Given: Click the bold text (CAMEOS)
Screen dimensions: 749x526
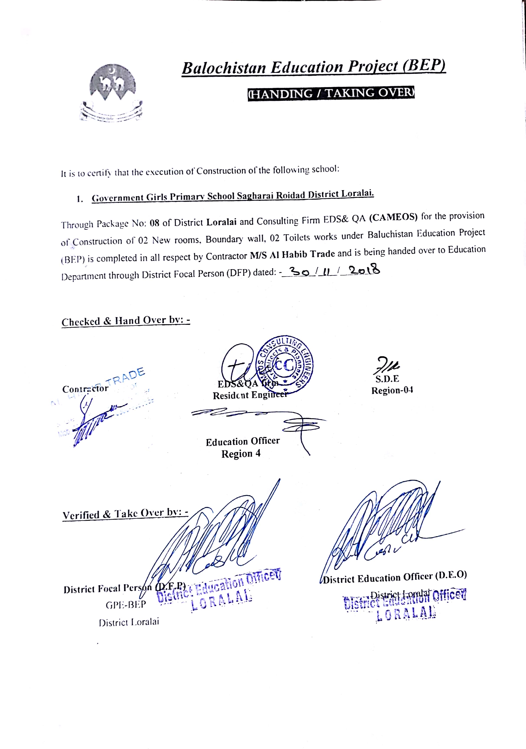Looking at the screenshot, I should pyautogui.click(x=393, y=218).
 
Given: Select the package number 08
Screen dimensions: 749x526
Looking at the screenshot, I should pyautogui.click(x=154, y=223).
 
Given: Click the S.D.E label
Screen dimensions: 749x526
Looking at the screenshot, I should pyautogui.click(x=387, y=379).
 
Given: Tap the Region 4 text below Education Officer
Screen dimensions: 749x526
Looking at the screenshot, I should pyautogui.click(x=241, y=454).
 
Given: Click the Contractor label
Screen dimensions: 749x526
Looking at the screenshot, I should pyautogui.click(x=85, y=389).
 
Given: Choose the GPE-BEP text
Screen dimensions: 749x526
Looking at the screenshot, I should pyautogui.click(x=126, y=605).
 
